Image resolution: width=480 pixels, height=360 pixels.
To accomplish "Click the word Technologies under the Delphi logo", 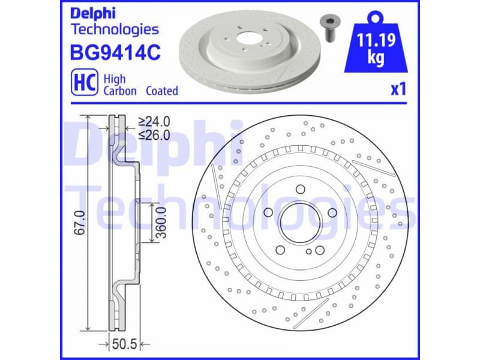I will coord(115,29).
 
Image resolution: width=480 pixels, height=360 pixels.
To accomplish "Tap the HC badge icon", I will coord(82,84).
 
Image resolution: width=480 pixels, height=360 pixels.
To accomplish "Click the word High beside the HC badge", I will coord(115,79).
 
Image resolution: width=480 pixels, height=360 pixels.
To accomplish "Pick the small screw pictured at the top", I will coord(328,27).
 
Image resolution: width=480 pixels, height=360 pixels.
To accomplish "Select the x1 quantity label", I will coord(398,89).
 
